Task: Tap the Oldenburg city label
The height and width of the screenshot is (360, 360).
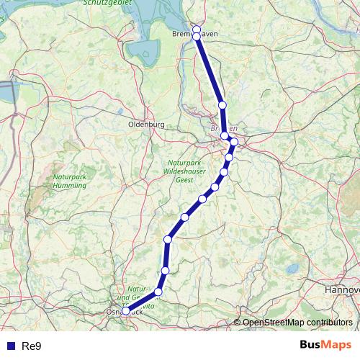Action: click(146, 124)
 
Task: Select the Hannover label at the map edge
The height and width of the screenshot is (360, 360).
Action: click(341, 289)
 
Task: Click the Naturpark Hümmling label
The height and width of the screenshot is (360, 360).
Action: click(70, 181)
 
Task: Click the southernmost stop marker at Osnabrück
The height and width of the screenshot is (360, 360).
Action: click(126, 311)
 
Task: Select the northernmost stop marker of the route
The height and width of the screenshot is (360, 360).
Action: click(197, 30)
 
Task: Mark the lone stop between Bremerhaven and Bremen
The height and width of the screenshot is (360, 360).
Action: click(222, 105)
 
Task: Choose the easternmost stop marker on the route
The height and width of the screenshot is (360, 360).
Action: click(234, 142)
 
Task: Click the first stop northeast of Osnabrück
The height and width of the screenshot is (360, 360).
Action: click(158, 292)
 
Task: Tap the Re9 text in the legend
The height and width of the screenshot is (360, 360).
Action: click(32, 346)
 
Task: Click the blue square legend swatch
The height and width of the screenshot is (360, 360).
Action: click(10, 346)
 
